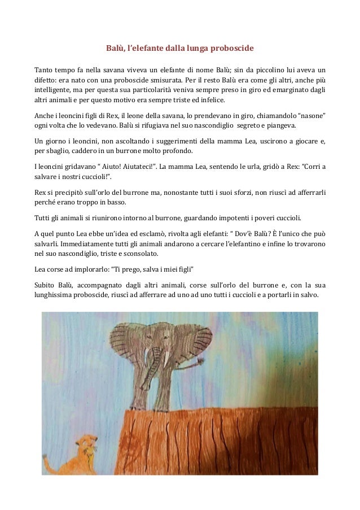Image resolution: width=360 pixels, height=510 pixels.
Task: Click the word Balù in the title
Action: [x=116, y=49]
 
